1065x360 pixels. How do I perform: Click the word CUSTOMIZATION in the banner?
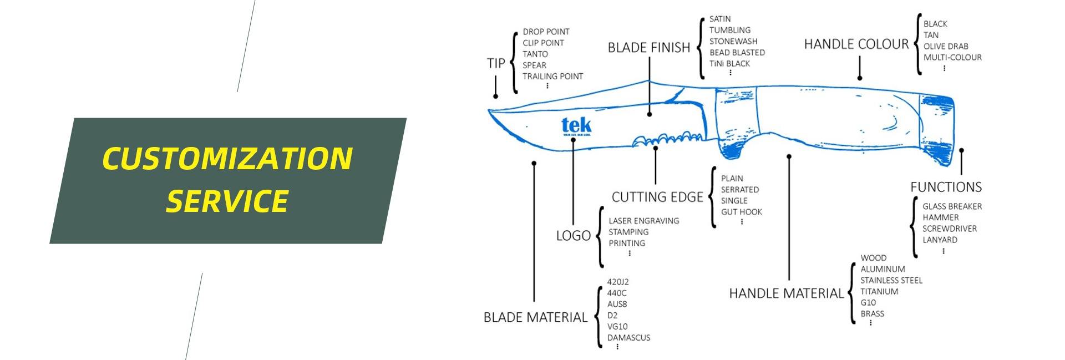pyautogui.click(x=227, y=159)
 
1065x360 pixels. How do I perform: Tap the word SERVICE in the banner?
pyautogui.click(x=227, y=200)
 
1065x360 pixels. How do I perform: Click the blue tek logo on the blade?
pyautogui.click(x=576, y=126)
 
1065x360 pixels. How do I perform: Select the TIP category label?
pyautogui.click(x=496, y=63)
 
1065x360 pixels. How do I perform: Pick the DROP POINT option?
pyautogui.click(x=546, y=32)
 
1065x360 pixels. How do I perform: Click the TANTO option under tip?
pyautogui.click(x=535, y=54)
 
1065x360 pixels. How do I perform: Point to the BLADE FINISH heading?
pyautogui.click(x=648, y=48)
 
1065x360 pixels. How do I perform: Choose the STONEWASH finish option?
pyautogui.click(x=733, y=41)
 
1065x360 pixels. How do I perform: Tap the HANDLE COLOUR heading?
pyautogui.click(x=856, y=44)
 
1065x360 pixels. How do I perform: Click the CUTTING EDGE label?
pyautogui.click(x=657, y=197)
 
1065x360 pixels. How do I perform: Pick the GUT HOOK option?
pyautogui.click(x=741, y=212)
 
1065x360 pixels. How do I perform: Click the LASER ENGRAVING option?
pyautogui.click(x=643, y=221)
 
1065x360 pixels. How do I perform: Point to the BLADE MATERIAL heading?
pyautogui.click(x=535, y=317)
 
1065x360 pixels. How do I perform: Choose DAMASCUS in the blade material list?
pyautogui.click(x=628, y=337)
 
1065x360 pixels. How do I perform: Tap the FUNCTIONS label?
pyautogui.click(x=946, y=187)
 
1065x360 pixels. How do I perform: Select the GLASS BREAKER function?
pyautogui.click(x=952, y=206)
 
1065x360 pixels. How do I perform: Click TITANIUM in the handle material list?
pyautogui.click(x=879, y=291)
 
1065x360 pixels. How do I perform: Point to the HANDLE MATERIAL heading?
pyautogui.click(x=785, y=293)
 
